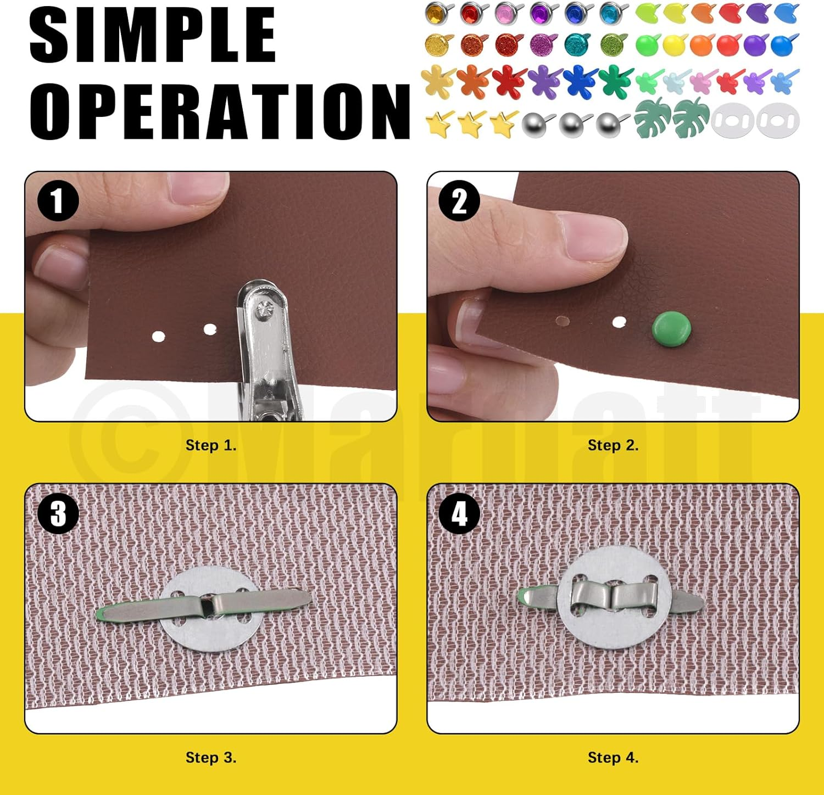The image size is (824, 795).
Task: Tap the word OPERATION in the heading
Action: pos(220,111)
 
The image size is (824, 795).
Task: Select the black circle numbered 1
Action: pos(58,201)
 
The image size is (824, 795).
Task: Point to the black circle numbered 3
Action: pos(58,514)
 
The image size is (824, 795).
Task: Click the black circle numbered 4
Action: pos(459,514)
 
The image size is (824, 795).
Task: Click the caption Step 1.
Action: pos(211,445)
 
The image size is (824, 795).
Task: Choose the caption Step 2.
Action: pos(613,445)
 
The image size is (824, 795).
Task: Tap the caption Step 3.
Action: pos(211,758)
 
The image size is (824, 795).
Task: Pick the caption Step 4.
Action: pos(613,758)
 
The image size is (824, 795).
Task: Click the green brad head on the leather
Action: pos(671,328)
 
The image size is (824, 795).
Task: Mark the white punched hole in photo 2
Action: pos(619,322)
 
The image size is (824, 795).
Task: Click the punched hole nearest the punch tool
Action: pos(210,329)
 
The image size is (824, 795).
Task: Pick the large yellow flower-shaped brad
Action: pos(438,81)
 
